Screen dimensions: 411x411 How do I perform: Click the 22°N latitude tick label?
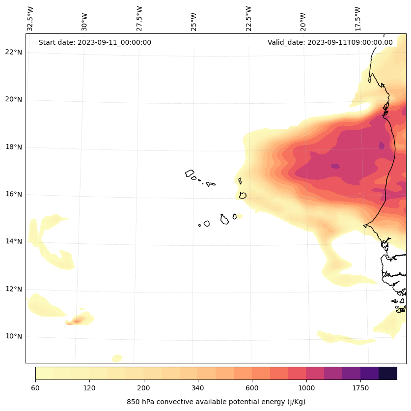pos(14,52)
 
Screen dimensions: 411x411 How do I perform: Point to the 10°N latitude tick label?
pos(14,337)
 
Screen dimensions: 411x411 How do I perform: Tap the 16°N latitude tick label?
pos(14,194)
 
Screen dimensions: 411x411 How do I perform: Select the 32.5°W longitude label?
pos(30,19)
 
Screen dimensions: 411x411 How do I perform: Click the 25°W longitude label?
pos(194,22)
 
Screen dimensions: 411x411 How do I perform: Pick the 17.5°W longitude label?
pos(358,19)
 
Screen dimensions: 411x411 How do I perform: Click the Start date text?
pos(95,42)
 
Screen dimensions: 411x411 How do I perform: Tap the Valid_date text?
pos(330,42)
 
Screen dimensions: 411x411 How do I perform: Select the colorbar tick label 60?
pos(35,388)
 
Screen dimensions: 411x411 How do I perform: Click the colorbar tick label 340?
pos(197,388)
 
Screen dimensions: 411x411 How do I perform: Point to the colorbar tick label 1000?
pos(306,388)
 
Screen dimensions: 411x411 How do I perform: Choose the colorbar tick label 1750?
pos(360,388)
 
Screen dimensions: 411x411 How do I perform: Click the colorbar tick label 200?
pos(143,388)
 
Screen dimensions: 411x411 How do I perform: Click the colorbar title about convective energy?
pos(216,402)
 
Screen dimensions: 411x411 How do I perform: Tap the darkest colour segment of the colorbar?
pos(387,373)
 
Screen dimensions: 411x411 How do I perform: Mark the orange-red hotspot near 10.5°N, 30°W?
pos(77,321)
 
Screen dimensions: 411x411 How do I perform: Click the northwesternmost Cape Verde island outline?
pos(190,173)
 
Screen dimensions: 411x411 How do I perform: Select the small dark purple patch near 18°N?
pos(382,145)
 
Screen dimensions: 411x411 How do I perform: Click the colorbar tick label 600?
pos(252,388)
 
